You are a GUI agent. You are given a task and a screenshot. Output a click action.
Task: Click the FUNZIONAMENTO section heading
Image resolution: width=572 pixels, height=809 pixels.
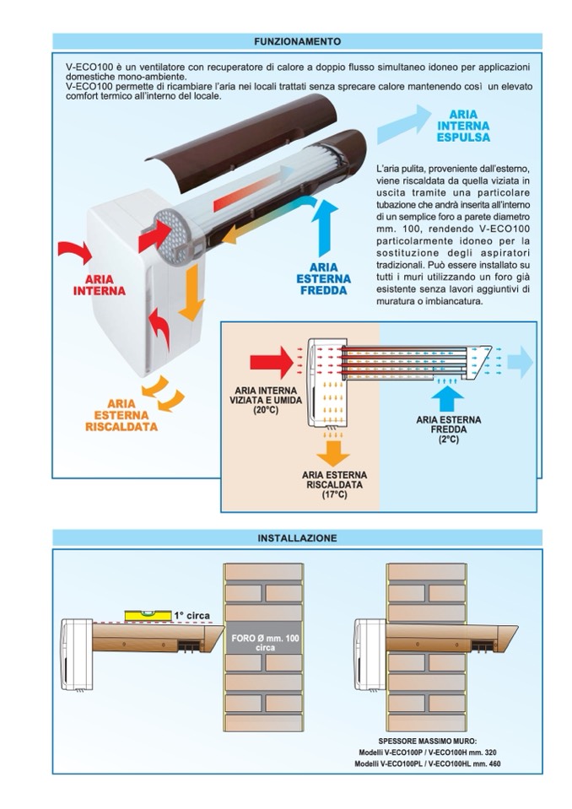click(x=297, y=41)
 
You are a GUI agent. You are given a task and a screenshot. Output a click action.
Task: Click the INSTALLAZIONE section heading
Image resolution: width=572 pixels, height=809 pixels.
click(x=297, y=538)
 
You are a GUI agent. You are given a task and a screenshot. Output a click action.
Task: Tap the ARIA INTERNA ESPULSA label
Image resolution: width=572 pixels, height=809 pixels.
click(x=463, y=126)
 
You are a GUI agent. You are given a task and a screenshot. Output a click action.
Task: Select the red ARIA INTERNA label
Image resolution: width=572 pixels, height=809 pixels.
click(x=99, y=285)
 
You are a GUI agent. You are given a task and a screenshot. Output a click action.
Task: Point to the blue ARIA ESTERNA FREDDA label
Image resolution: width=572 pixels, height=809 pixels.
click(x=323, y=278)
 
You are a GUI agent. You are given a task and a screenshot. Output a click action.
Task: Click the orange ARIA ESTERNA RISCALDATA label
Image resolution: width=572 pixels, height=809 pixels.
click(x=121, y=415)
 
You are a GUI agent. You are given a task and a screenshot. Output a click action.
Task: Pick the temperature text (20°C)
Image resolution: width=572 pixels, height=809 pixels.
click(x=266, y=410)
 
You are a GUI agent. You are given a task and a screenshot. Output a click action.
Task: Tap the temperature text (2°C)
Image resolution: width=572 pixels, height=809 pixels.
click(x=448, y=439)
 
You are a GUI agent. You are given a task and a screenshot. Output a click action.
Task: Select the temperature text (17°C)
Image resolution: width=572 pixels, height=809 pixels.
click(x=334, y=494)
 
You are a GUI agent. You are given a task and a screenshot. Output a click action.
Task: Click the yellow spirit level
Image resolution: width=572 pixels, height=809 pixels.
click(x=148, y=615)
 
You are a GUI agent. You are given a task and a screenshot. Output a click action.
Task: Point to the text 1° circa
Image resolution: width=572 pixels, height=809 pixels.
click(x=192, y=616)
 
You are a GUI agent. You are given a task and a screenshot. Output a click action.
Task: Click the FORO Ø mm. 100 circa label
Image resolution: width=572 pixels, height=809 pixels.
click(x=265, y=643)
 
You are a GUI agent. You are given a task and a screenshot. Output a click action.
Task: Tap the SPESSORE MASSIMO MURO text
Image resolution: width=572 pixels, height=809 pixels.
click(x=427, y=742)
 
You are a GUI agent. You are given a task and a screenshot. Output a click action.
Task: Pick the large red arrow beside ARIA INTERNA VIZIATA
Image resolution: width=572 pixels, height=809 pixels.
click(x=272, y=362)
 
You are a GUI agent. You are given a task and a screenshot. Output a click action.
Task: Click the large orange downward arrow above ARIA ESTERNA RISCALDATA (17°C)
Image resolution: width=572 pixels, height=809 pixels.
click(x=333, y=453)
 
